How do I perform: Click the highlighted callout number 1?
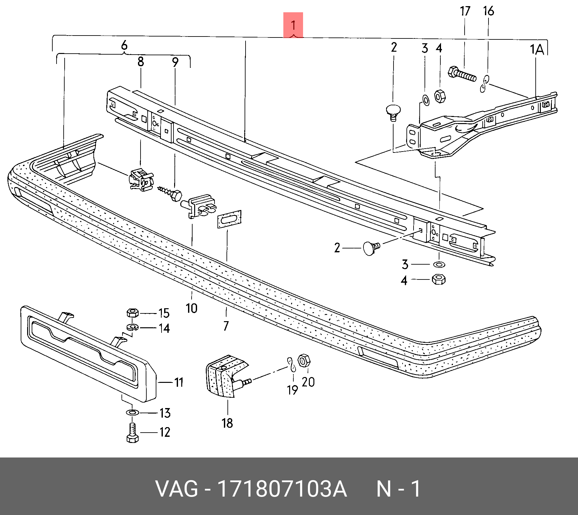pyautogui.click(x=293, y=25)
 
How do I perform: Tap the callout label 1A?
pyautogui.click(x=537, y=49)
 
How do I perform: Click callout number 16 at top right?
pyautogui.click(x=488, y=11)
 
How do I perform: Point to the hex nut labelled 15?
pyautogui.click(x=132, y=313)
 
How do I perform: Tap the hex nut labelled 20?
pyautogui.click(x=303, y=360)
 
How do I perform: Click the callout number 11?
pyautogui.click(x=179, y=383)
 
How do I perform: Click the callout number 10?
pyautogui.click(x=191, y=308)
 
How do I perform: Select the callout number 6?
pyautogui.click(x=124, y=46)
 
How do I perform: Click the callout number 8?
pyautogui.click(x=141, y=61)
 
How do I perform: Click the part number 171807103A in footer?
pyautogui.click(x=283, y=489)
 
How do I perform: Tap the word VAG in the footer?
pyautogui.click(x=177, y=489)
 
